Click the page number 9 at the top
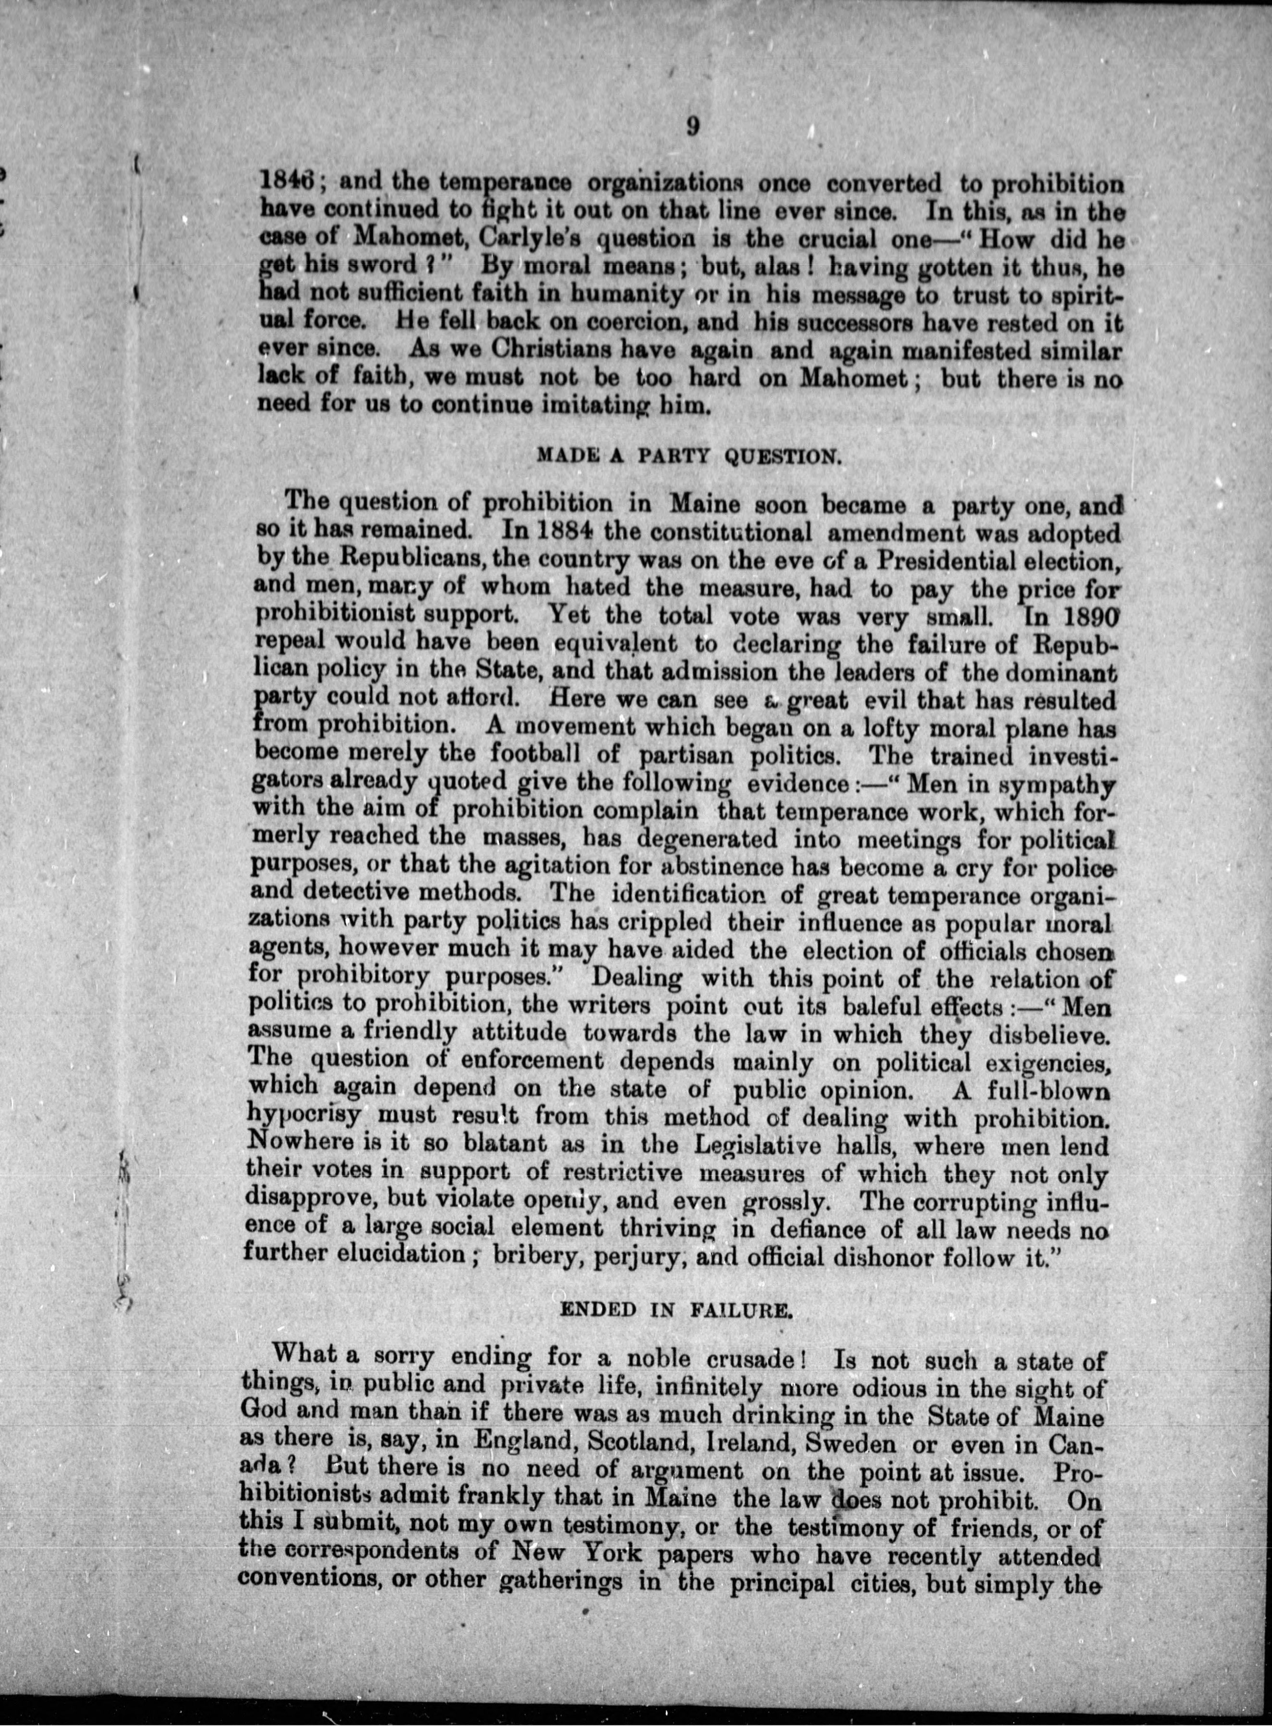(691, 128)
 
